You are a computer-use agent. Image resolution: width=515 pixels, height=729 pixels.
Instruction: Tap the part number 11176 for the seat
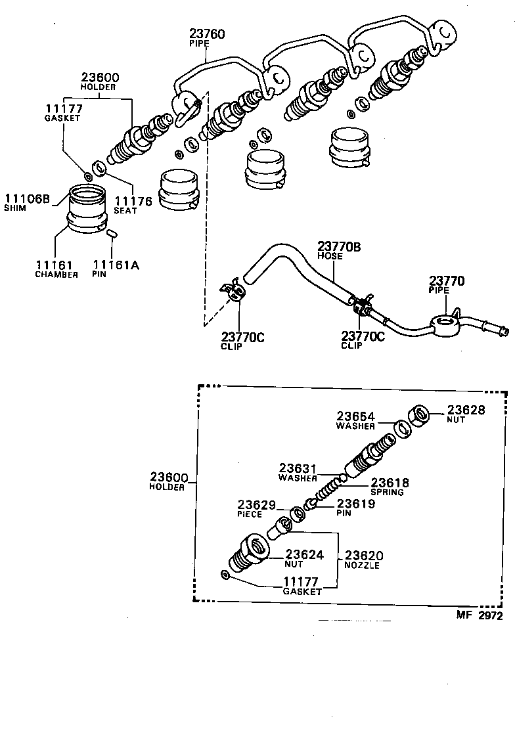pos(133,201)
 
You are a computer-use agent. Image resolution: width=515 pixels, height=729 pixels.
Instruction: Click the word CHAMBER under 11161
pos(56,275)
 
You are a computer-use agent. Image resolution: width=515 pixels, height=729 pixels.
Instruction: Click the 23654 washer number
pos(356,416)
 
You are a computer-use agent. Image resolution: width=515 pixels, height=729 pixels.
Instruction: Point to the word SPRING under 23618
pos(387,492)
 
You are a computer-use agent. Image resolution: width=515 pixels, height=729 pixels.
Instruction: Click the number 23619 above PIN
pos(356,504)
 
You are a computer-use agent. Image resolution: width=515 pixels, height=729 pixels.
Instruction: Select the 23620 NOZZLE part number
pos(364,555)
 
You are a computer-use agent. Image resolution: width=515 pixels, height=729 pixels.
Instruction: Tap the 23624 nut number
pos(304,554)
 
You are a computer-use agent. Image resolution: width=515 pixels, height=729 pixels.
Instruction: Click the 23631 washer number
pos(298,468)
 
